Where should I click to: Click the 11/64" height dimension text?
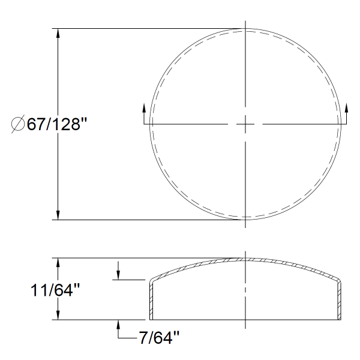[x=55, y=290]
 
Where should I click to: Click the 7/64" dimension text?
[x=159, y=338]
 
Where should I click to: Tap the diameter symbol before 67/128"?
[x=18, y=124]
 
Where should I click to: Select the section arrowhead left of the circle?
[x=144, y=108]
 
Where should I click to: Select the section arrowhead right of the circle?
[x=346, y=108]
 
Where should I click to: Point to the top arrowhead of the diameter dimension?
[x=58, y=34]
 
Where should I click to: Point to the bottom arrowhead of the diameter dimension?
[x=58, y=215]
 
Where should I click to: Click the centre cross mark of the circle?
[x=245, y=124]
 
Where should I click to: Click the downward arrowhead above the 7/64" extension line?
[x=118, y=275]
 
